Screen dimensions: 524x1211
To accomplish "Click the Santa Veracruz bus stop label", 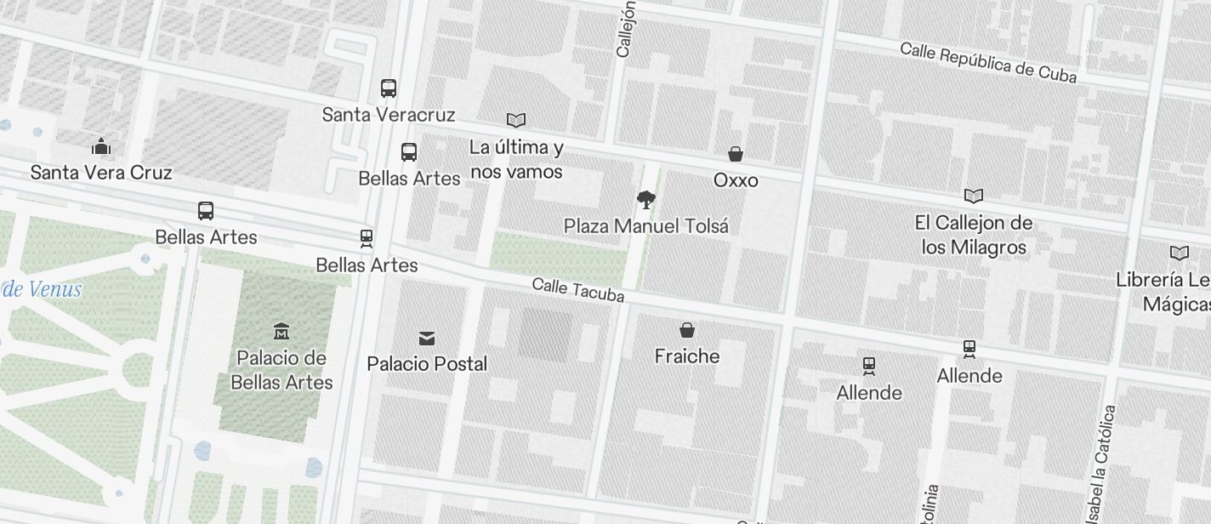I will (389, 115).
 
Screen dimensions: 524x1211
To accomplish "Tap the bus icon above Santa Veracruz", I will (389, 88).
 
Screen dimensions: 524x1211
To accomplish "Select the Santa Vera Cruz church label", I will (101, 173).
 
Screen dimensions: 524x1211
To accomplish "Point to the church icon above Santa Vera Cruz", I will (101, 147).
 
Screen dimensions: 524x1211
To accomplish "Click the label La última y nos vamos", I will (516, 160).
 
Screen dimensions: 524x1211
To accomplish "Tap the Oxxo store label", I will (736, 180).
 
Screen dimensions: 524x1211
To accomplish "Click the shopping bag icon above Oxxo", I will (736, 154).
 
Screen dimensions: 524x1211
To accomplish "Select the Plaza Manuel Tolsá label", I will (646, 226).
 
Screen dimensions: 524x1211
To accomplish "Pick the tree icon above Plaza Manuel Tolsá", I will (646, 200).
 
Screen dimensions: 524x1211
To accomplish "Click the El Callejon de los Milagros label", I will (973, 236).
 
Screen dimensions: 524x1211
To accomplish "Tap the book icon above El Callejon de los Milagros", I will (973, 196).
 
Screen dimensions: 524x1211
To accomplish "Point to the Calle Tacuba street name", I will (578, 290).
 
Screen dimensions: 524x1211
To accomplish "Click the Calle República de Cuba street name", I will (988, 63).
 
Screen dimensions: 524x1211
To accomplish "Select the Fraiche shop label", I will (687, 356).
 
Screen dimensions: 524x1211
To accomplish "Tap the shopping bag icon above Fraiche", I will (687, 330).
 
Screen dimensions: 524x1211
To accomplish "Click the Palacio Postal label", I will (427, 364).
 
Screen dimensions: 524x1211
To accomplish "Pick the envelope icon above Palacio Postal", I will (427, 339).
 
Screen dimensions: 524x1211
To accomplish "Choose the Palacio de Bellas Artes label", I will (281, 370).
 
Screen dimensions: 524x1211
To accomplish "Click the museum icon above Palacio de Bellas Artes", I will (281, 331).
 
